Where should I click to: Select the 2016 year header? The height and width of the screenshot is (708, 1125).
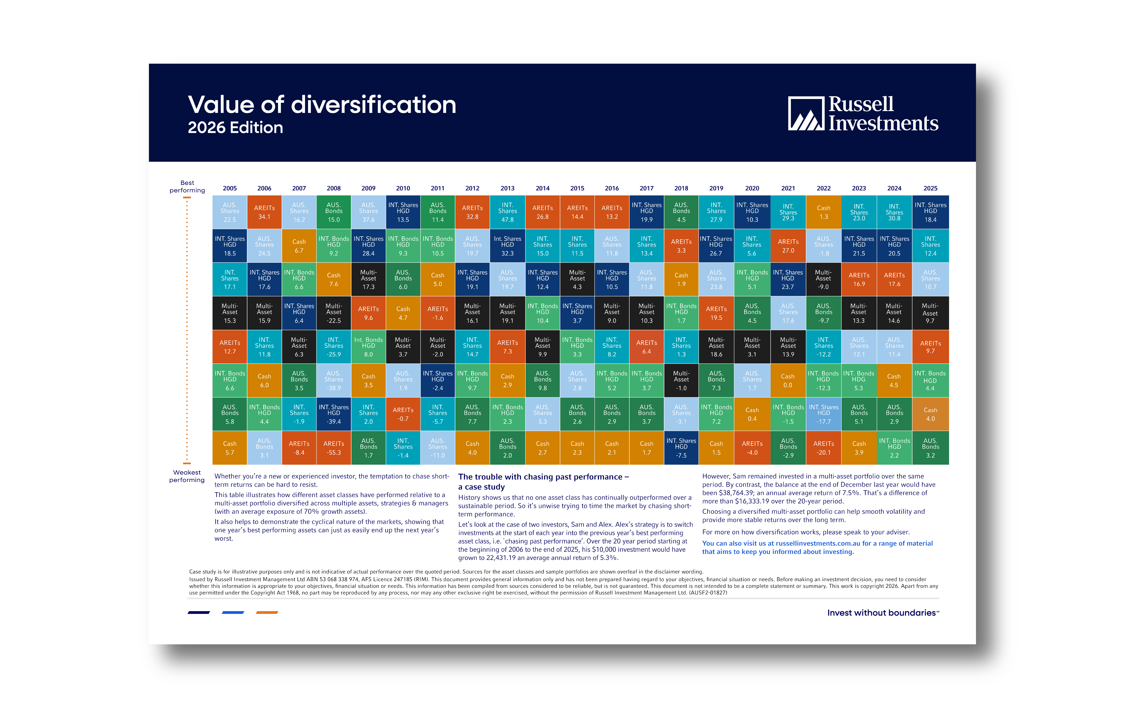(x=612, y=188)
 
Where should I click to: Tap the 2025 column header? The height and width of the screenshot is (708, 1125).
(x=930, y=188)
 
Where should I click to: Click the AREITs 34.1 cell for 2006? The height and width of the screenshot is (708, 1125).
(x=264, y=212)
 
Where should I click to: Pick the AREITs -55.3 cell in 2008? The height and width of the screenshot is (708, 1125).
(x=334, y=447)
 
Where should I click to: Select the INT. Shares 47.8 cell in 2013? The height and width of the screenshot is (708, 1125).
(x=507, y=212)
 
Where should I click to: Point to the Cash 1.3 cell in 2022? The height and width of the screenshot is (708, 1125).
(x=824, y=212)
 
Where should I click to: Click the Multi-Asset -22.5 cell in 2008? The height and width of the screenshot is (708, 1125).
(x=334, y=313)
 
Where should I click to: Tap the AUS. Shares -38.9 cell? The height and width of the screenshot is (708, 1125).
(x=334, y=380)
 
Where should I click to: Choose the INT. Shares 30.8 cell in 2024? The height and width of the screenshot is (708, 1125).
(x=894, y=212)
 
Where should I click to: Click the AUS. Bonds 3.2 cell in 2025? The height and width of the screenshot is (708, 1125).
(x=930, y=447)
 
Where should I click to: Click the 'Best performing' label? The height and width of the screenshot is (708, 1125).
(x=187, y=186)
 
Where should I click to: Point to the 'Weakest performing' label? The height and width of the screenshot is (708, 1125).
(x=187, y=476)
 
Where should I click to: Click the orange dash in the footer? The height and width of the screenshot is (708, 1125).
(x=267, y=612)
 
